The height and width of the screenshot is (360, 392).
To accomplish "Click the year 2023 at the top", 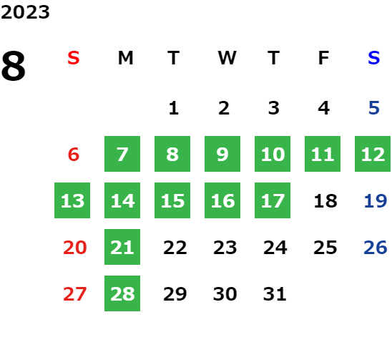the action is tap(25, 12).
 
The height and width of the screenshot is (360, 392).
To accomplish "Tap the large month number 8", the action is tap(14, 66).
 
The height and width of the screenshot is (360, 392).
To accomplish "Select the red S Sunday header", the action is tap(74, 58).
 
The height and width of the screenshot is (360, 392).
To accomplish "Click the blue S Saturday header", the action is tap(374, 58).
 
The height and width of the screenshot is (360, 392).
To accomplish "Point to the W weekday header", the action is tap(227, 58).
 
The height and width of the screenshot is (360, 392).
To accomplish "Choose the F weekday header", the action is tap(324, 58).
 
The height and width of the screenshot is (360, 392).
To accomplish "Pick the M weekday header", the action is tap(125, 58).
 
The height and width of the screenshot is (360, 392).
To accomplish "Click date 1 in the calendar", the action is tap(174, 108).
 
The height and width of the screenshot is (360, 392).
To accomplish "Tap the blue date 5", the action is tap(374, 108).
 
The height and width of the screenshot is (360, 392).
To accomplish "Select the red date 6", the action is tap(74, 155).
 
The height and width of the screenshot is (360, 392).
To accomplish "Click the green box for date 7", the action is tap(122, 154).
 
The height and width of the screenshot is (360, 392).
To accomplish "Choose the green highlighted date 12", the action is tap(373, 154).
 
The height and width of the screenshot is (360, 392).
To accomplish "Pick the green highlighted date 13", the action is tap(72, 200).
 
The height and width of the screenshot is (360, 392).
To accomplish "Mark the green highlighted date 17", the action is tap(273, 200).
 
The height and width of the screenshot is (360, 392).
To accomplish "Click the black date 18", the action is tap(325, 201).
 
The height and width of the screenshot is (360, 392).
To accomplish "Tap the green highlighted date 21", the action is tap(122, 247).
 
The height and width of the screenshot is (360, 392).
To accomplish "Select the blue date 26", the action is tap(376, 248).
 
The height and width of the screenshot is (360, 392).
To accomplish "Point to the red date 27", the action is tap(74, 293).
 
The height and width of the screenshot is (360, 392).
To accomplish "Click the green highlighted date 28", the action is tap(122, 293).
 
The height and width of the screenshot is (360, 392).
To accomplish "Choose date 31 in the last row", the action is tap(275, 293).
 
